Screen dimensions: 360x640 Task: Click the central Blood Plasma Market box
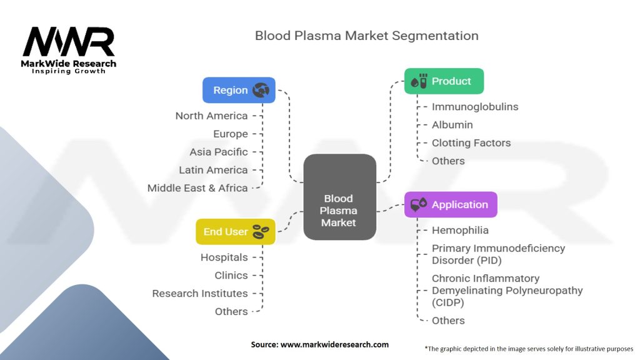[339, 198]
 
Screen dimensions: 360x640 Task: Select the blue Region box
[239, 90]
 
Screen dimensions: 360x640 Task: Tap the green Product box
[444, 81]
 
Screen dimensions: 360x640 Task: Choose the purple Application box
[451, 204]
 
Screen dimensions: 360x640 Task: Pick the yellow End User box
[236, 231]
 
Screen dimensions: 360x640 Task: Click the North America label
[211, 116]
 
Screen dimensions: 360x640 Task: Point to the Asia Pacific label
[219, 152]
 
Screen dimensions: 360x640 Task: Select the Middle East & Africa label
[197, 187]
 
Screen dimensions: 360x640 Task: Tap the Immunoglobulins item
[475, 107]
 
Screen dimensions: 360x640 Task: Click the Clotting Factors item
[471, 143]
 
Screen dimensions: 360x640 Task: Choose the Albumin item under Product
[452, 125]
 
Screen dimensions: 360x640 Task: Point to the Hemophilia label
[460, 230]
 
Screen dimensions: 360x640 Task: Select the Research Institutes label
[200, 293]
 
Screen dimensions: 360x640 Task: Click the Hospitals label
[224, 257]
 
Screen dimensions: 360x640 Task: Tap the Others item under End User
[231, 311]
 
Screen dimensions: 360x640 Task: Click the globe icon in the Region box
[261, 91]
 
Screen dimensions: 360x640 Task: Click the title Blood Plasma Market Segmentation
[366, 36]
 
